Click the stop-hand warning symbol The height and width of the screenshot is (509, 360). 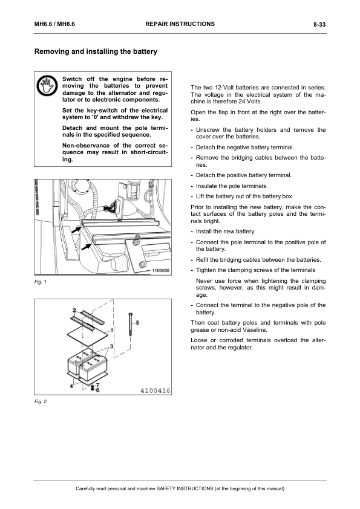[x=47, y=86]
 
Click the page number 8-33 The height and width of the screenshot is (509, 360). [x=319, y=24]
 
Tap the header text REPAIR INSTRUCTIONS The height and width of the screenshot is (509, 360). [x=180, y=24]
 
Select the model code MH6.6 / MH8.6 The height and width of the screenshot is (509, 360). [x=54, y=24]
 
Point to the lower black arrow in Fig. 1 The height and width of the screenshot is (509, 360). [x=86, y=247]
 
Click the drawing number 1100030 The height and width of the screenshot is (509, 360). [x=160, y=270]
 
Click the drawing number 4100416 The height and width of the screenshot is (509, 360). [x=155, y=391]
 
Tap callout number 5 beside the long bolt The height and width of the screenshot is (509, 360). [x=137, y=322]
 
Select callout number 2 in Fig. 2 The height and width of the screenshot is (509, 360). [x=74, y=310]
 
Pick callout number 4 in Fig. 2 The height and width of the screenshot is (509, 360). [x=71, y=386]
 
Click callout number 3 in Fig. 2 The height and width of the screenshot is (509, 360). [x=111, y=346]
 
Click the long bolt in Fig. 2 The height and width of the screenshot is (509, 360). [x=131, y=324]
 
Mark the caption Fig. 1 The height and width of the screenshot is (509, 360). [x=41, y=282]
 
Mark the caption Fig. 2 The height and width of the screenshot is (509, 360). [x=41, y=401]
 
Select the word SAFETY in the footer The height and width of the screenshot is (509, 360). [x=166, y=488]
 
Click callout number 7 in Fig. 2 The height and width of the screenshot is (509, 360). [x=97, y=385]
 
